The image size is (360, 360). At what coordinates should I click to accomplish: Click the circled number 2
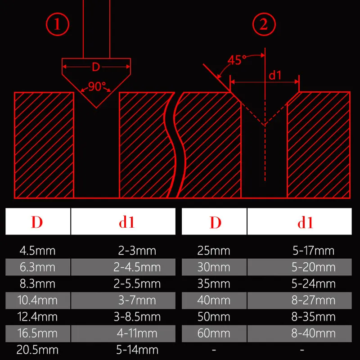click(x=263, y=25)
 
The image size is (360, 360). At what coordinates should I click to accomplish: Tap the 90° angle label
click(x=97, y=86)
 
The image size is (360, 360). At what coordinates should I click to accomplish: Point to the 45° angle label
click(x=237, y=60)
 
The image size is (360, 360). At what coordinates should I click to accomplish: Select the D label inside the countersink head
click(x=96, y=67)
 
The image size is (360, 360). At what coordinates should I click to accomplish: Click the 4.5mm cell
click(x=37, y=251)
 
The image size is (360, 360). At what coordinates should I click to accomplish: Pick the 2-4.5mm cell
click(x=137, y=267)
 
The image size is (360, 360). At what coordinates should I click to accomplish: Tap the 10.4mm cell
click(x=37, y=300)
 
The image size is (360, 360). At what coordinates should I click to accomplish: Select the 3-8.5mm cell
click(x=137, y=317)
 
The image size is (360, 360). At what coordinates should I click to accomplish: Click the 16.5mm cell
click(x=37, y=333)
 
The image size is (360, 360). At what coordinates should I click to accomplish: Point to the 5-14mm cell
click(x=137, y=350)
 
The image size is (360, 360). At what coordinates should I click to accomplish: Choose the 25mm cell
click(x=214, y=251)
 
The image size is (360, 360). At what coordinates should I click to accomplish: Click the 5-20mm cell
click(x=313, y=267)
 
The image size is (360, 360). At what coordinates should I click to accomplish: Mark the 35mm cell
click(x=214, y=284)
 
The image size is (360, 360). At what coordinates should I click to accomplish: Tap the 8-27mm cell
click(x=313, y=300)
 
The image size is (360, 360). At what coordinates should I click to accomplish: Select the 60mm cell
click(x=214, y=333)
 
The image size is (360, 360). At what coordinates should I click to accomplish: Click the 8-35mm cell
click(x=313, y=317)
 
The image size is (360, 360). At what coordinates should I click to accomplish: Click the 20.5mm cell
click(x=37, y=350)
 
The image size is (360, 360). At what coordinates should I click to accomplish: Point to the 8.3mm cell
click(x=37, y=284)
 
